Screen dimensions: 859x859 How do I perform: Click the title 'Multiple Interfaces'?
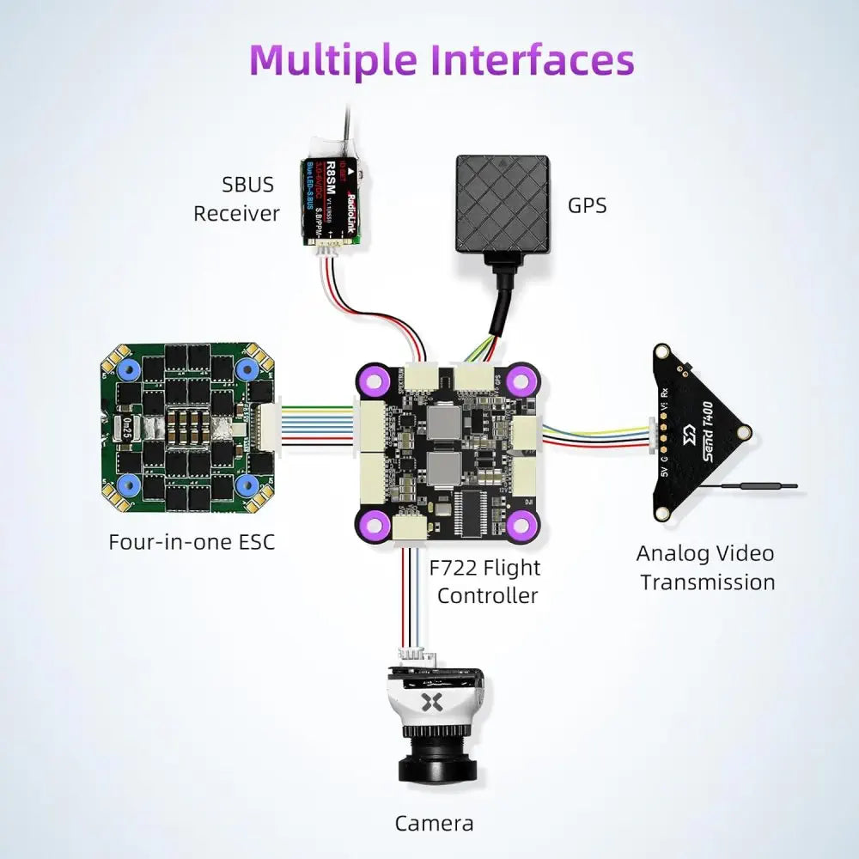(442, 60)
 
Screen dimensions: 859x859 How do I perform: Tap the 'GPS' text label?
(587, 206)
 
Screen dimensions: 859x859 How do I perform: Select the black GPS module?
(502, 204)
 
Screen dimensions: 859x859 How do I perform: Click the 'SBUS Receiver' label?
(236, 198)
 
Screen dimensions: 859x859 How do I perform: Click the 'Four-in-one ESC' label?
(192, 542)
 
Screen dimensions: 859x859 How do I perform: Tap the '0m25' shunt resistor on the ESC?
(126, 425)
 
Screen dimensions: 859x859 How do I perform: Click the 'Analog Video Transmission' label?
(706, 568)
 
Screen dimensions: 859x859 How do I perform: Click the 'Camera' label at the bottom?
(434, 823)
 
